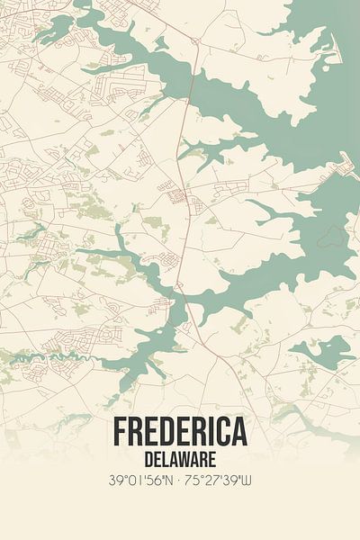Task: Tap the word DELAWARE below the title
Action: tap(180, 459)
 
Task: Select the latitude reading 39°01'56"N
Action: tap(138, 481)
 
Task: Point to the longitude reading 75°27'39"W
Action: tap(221, 481)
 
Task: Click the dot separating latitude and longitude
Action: tap(179, 481)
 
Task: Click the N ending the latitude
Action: tap(167, 481)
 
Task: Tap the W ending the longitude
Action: tap(248, 481)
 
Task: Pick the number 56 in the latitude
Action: tap(153, 481)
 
